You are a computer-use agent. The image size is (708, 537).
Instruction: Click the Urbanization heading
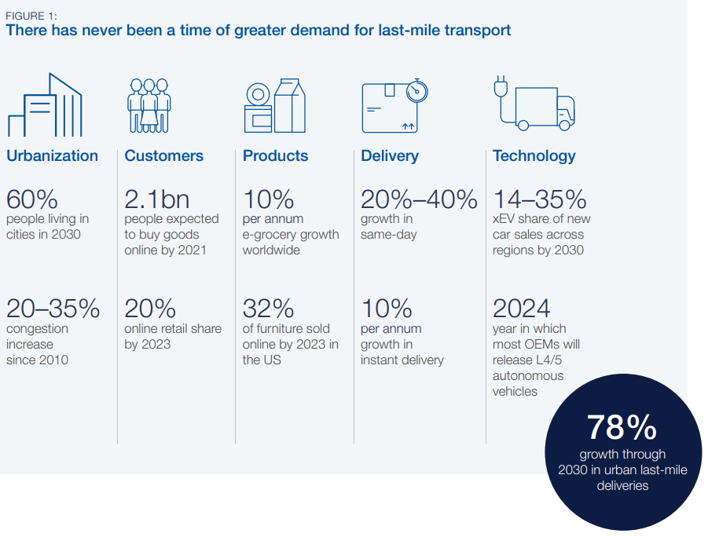pos(52,155)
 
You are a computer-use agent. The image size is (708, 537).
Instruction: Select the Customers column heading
pos(163,155)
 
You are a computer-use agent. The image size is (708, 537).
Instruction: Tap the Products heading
pos(275,155)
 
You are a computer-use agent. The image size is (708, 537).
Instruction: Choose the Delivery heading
pos(390,155)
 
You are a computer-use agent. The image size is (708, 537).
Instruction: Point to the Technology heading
pos(534,155)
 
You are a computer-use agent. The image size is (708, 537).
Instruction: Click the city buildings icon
pos(45,105)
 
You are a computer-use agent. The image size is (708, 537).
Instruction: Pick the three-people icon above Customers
pos(149,105)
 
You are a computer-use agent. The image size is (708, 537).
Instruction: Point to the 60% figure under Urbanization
pos(32,199)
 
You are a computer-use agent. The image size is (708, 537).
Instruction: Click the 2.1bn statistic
pos(156,199)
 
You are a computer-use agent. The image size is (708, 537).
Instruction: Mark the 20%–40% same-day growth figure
pos(419,199)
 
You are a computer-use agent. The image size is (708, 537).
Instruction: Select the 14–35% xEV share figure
pos(539,199)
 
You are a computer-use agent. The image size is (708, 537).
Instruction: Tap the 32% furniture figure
pos(268,309)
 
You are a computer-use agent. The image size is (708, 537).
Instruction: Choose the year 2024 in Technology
pos(521,309)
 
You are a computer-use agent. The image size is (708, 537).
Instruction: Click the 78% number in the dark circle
pos(622,427)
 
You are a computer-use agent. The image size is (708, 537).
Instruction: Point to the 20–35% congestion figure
pos(53,309)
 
